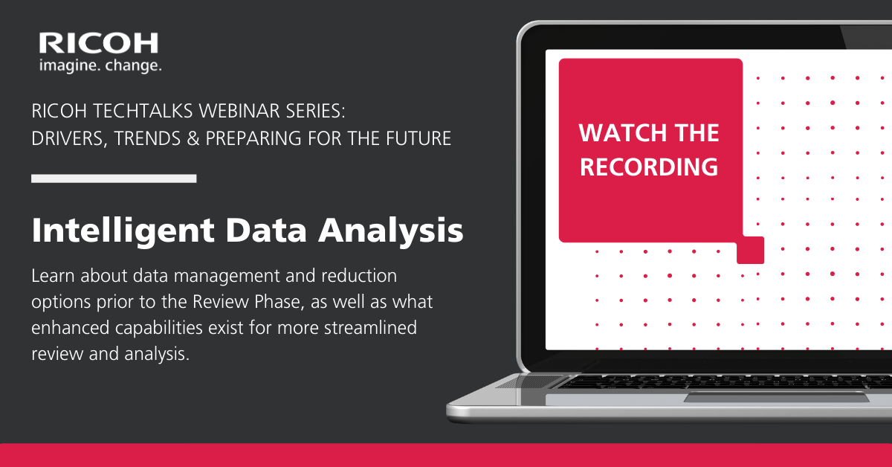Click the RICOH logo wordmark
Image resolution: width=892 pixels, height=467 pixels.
pyautogui.click(x=98, y=43)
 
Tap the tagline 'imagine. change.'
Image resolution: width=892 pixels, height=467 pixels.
pyautogui.click(x=100, y=65)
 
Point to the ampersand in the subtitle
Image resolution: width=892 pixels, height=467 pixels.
pyautogui.click(x=193, y=138)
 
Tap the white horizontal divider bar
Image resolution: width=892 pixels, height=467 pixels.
pyautogui.click(x=114, y=178)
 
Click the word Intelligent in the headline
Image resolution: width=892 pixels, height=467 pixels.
pyautogui.click(x=123, y=231)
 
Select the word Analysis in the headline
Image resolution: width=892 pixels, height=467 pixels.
pyautogui.click(x=391, y=231)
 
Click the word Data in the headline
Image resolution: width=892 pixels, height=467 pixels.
pyautogui.click(x=266, y=231)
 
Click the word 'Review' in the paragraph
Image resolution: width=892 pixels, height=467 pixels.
pyautogui.click(x=221, y=302)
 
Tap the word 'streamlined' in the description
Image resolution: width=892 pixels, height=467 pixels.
pyautogui.click(x=370, y=327)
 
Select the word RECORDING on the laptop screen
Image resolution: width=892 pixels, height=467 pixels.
pyautogui.click(x=649, y=167)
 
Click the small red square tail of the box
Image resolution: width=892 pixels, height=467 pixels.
pyautogui.click(x=751, y=251)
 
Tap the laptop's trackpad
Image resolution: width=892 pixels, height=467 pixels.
pyautogui.click(x=777, y=397)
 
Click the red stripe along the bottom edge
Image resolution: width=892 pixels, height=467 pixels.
pyautogui.click(x=446, y=455)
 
